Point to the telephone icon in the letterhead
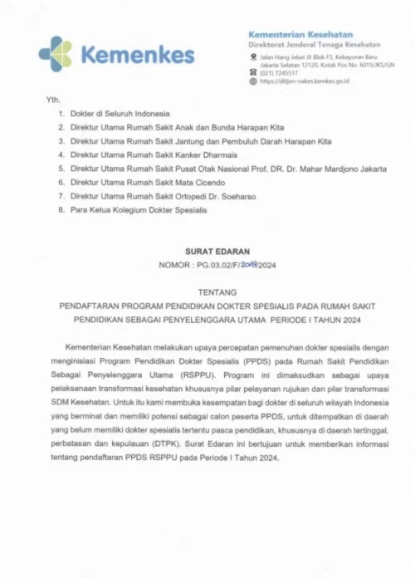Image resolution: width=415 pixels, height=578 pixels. point(252,72)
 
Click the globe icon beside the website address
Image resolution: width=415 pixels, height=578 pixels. point(252,81)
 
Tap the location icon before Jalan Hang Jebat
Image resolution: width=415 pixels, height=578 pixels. point(252,56)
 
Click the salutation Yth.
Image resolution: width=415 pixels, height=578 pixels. point(51,100)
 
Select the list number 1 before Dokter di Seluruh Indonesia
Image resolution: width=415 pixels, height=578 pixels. point(61,113)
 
